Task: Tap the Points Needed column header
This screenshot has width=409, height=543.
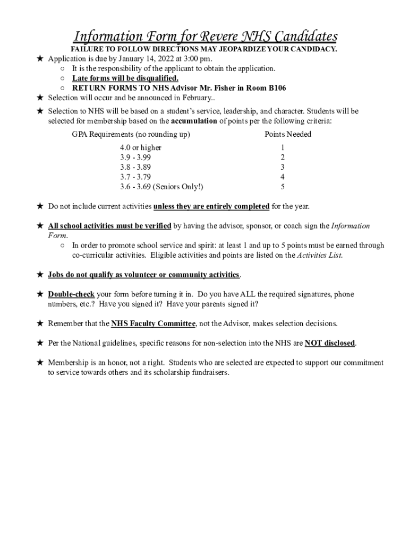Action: [x=288, y=134]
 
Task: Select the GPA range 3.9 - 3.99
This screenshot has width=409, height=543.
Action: [x=135, y=157]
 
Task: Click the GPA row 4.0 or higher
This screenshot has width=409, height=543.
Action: [x=140, y=147]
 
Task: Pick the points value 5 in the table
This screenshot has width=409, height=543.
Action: [x=283, y=187]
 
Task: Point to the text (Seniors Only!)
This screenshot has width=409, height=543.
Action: [x=178, y=187]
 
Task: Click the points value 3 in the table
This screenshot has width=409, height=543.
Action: [x=283, y=167]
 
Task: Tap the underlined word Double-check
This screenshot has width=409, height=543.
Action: [x=71, y=294]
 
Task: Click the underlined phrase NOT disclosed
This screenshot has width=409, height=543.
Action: [x=329, y=343]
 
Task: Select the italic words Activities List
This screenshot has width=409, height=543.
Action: [x=320, y=255]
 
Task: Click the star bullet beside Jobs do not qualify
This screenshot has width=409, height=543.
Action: [x=39, y=275]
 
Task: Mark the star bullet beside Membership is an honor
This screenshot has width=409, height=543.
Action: [x=39, y=363]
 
